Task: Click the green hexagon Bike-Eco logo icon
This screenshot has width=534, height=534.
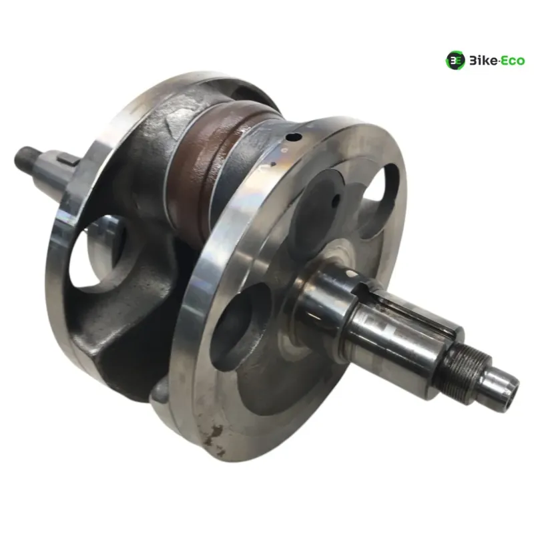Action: (455, 61)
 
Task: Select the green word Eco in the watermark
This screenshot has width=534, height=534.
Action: (513, 61)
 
